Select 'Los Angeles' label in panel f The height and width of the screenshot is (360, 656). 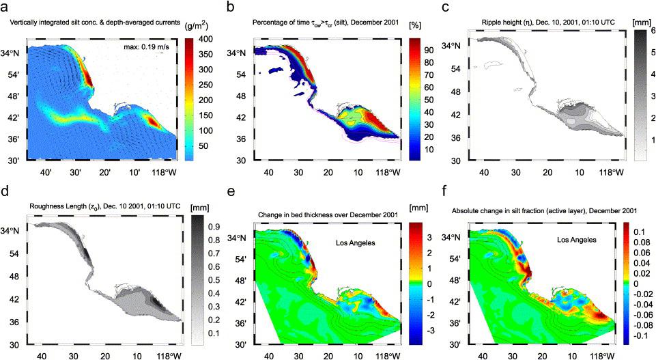[573, 240]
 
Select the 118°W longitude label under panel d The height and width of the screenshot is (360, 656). [167, 356]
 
